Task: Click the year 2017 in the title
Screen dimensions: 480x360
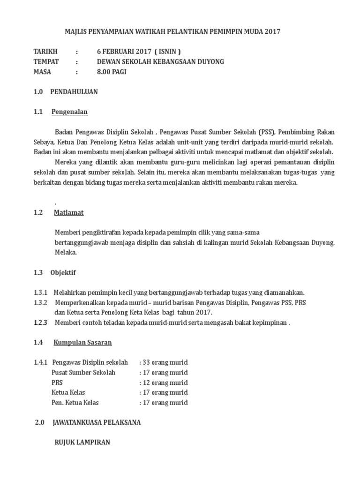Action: (272, 32)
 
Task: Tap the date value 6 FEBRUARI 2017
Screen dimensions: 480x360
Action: (123, 52)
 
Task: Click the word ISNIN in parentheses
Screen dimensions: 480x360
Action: (167, 52)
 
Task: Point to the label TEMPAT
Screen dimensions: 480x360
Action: (46, 61)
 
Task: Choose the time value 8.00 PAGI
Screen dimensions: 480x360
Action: (112, 72)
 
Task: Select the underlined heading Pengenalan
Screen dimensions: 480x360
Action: (69, 112)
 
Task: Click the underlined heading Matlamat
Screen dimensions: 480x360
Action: (68, 212)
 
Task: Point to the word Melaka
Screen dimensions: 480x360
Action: (65, 252)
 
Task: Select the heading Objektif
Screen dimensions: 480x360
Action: (63, 272)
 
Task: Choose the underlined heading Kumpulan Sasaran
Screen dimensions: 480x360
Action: (83, 343)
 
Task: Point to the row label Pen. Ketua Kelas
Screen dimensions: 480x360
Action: (75, 403)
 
